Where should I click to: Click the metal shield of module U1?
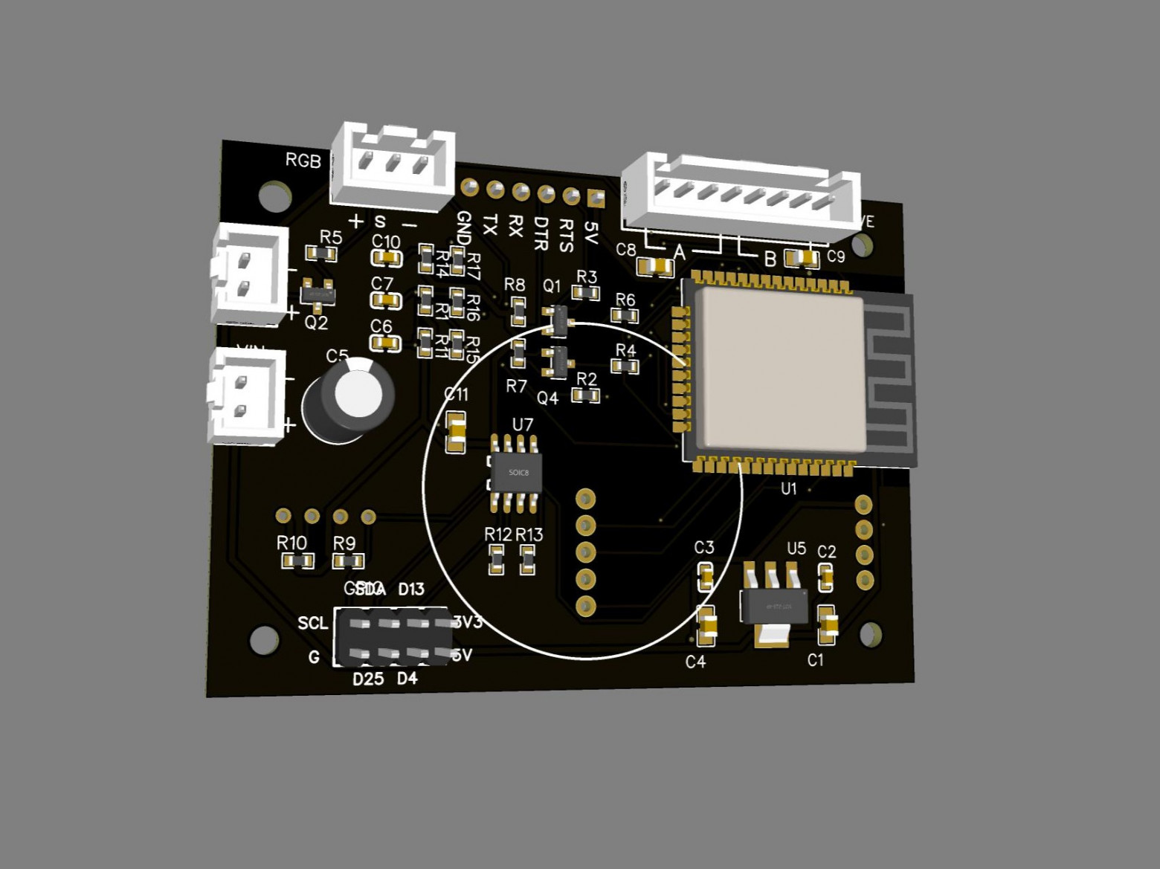(x=781, y=369)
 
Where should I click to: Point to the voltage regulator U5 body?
(x=773, y=605)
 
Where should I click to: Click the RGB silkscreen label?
(x=303, y=160)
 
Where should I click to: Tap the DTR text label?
(x=541, y=233)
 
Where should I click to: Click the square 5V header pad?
(x=596, y=198)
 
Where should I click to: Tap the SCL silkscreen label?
(x=312, y=623)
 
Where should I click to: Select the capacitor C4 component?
(x=706, y=626)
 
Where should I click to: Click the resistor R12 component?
(x=496, y=559)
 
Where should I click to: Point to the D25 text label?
(x=368, y=679)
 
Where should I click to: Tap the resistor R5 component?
(x=322, y=253)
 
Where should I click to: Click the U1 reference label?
(x=788, y=488)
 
